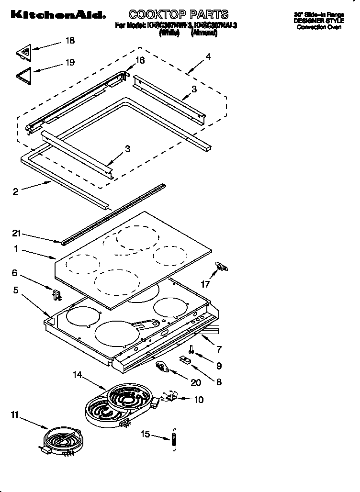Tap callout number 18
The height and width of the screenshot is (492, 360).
[x=70, y=41]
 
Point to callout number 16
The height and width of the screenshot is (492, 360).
[x=140, y=60]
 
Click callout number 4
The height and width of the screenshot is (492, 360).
[x=208, y=56]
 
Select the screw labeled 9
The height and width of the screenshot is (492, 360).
[x=191, y=351]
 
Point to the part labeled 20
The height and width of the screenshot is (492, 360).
[x=163, y=368]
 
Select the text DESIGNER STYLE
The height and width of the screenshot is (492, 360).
[x=318, y=21]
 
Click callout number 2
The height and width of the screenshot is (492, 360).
[x=16, y=191]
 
